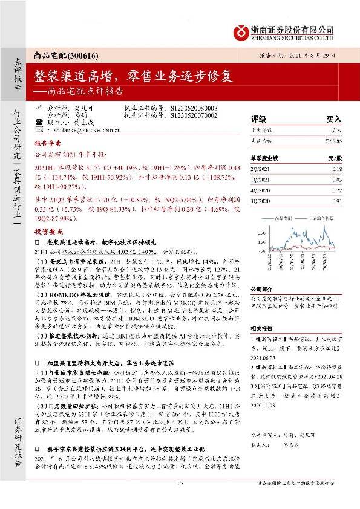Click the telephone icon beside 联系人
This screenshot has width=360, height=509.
pos(39,122)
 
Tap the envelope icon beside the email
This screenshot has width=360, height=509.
pos(39,129)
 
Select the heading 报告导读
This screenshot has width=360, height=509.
pos(47,145)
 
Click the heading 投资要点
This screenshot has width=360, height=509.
pos(47,230)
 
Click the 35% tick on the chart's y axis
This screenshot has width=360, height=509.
pos(261,232)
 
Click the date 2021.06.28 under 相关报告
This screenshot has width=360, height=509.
pos(265,357)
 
